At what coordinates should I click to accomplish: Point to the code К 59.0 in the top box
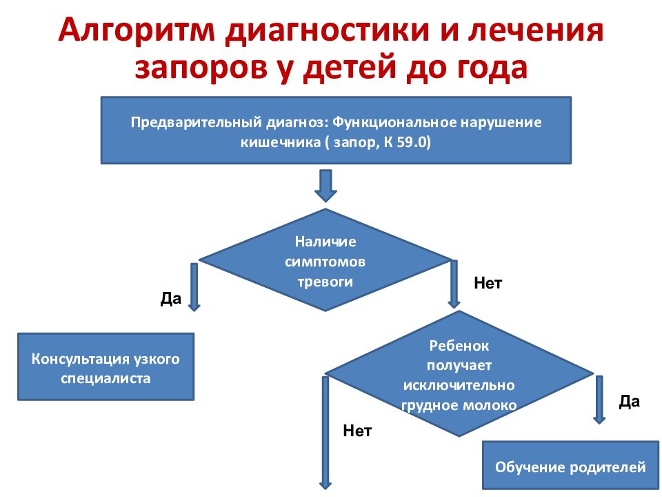(407, 142)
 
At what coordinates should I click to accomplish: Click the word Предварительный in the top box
(197, 123)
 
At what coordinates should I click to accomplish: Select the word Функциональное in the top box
(394, 122)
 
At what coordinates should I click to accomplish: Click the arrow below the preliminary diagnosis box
(325, 186)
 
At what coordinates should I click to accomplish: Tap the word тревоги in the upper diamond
(325, 282)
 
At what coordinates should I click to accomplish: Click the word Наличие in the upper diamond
(325, 242)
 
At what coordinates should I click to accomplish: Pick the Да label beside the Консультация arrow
(170, 298)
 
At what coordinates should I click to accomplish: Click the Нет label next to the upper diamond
(488, 283)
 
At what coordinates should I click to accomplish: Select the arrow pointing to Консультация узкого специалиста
(194, 287)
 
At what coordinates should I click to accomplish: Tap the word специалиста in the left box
(106, 378)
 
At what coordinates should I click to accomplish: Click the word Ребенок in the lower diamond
(459, 346)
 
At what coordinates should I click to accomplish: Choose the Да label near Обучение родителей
(629, 401)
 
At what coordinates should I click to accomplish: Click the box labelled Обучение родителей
(570, 465)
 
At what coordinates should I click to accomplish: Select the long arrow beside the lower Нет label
(325, 433)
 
